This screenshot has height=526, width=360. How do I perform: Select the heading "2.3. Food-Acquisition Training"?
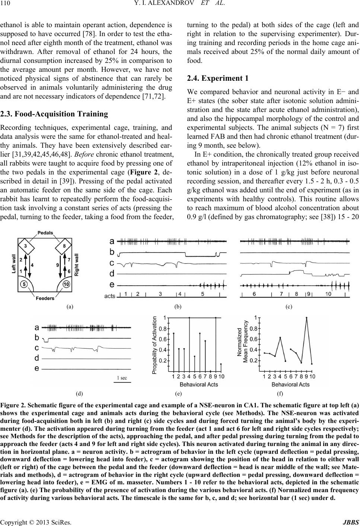(54, 114)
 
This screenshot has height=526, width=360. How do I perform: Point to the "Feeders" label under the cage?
(45, 298)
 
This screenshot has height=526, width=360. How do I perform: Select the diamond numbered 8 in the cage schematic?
(65, 246)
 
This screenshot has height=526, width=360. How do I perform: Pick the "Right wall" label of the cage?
(77, 264)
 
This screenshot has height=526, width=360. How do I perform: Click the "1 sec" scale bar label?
(122, 378)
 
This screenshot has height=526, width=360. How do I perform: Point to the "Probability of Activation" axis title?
(155, 345)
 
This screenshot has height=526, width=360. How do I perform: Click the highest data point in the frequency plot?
(306, 318)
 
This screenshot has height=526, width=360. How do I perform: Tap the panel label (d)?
(79, 393)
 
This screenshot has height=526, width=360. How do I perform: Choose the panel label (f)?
(280, 393)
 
